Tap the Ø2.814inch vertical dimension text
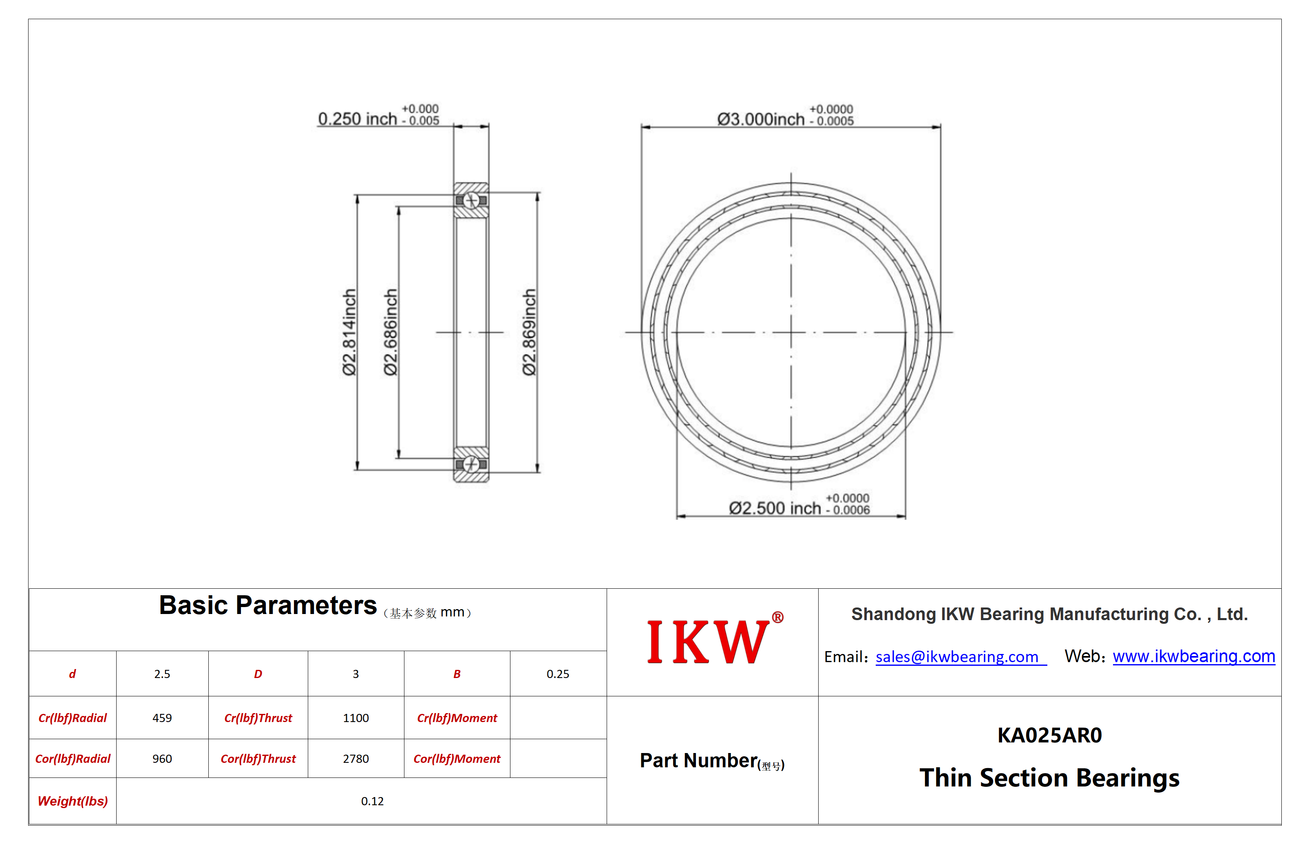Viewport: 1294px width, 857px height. (349, 332)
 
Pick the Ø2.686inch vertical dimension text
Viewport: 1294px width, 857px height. (390, 332)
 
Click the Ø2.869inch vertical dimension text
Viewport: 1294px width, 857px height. (529, 332)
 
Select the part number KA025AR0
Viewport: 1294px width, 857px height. (1049, 735)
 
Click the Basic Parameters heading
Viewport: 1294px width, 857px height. (268, 605)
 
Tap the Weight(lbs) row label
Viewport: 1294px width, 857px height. (73, 801)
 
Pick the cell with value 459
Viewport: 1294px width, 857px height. (162, 718)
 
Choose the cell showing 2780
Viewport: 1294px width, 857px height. (356, 759)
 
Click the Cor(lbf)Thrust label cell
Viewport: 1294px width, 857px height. (258, 759)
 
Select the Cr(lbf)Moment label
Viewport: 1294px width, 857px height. (457, 718)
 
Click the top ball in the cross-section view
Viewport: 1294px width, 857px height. (471, 201)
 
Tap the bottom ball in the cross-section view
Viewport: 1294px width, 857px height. (471, 464)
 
